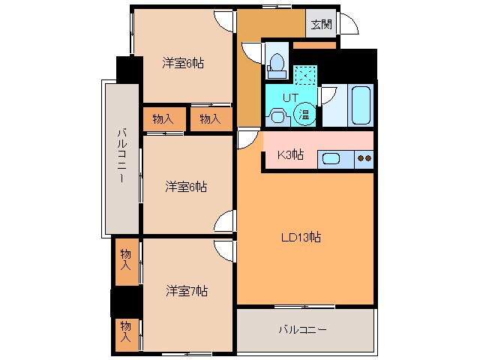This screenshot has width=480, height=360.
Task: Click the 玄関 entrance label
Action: pos(321,24)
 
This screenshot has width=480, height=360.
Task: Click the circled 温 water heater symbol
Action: pos(304,114)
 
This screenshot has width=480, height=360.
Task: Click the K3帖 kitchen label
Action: pos(290,155)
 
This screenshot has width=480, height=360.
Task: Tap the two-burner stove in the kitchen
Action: pos(364,157)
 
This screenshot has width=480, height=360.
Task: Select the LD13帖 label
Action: pos(301,238)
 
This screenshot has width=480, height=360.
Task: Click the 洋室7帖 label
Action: pos(187,291)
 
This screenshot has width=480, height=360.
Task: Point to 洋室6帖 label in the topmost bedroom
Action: pos(184,63)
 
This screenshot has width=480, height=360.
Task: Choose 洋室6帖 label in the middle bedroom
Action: pos(187,186)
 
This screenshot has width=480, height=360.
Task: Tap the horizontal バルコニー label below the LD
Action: pos(302,329)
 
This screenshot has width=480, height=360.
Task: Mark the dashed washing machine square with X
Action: pos(304,76)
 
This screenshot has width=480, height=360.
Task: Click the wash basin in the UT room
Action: pos(277,115)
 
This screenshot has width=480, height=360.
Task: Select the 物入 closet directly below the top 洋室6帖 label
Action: pos(163,119)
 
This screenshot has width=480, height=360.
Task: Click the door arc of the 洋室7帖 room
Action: pos(224,250)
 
